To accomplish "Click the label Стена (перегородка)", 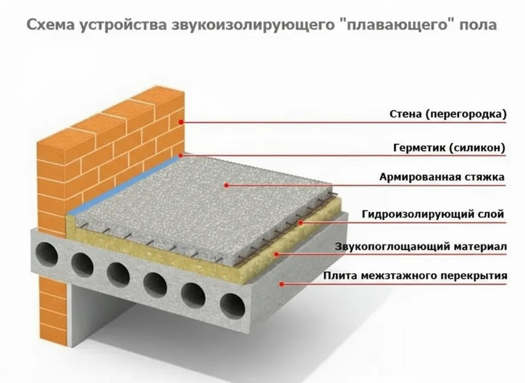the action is pyautogui.click(x=447, y=114).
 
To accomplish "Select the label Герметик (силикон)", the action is pyautogui.click(x=449, y=148).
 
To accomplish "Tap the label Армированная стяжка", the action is pyautogui.click(x=442, y=177).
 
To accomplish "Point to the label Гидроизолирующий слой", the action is pyautogui.click(x=433, y=215).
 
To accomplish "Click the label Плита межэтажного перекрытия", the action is pyautogui.click(x=415, y=276).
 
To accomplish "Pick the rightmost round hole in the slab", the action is pyautogui.click(x=233, y=305).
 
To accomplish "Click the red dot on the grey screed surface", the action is pyautogui.click(x=226, y=185).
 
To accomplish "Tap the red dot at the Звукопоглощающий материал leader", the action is pyautogui.click(x=276, y=254).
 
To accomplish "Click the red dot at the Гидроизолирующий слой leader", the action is pyautogui.click(x=300, y=222).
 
